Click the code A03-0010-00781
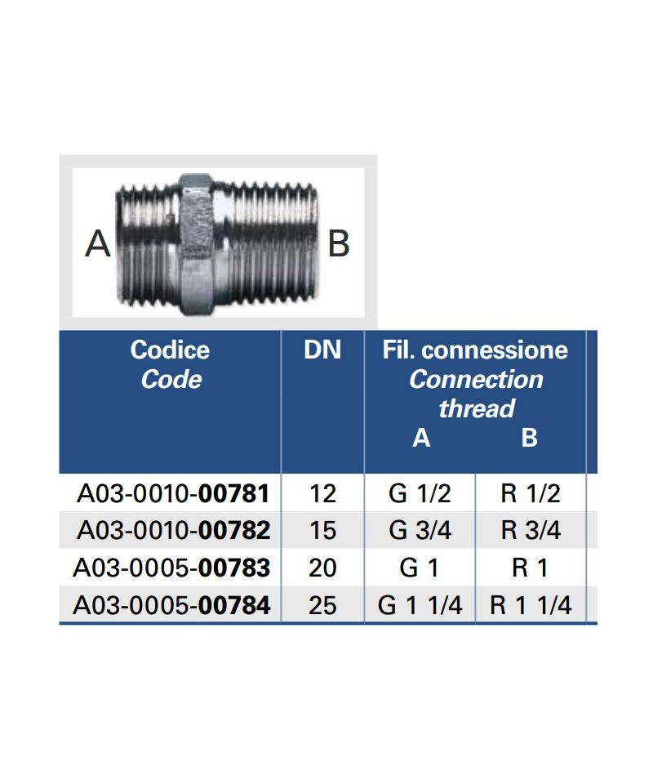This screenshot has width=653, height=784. click(x=173, y=493)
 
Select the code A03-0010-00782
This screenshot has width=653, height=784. click(x=173, y=531)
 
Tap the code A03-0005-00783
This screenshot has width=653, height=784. click(x=171, y=568)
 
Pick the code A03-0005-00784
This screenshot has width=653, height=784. click(x=171, y=605)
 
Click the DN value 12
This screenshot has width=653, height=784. click(x=323, y=493)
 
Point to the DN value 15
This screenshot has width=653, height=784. click(x=323, y=531)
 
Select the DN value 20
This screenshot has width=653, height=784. click(x=323, y=568)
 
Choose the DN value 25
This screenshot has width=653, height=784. click(x=323, y=605)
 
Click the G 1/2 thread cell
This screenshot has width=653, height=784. click(x=420, y=493)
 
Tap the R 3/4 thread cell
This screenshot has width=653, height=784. click(x=531, y=531)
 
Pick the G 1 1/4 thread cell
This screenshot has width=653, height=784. click(x=420, y=605)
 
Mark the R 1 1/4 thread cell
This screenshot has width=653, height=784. click(x=531, y=605)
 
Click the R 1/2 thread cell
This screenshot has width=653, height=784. click(x=531, y=493)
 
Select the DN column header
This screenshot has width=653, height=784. click(x=322, y=350)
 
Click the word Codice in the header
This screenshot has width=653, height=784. click(x=170, y=350)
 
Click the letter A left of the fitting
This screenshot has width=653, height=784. click(x=98, y=243)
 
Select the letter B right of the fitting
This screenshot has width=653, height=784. click(x=339, y=243)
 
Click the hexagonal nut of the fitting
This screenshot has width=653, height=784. click(x=196, y=243)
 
